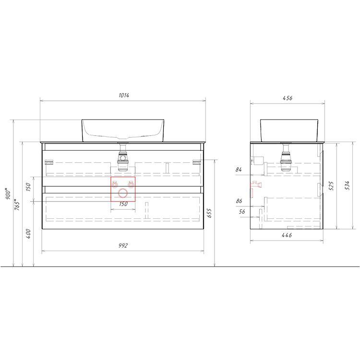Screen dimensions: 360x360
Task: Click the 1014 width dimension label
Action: click(124, 96)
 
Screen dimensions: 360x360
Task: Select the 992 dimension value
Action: click(123, 246)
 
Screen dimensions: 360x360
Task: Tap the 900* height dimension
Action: click(8, 193)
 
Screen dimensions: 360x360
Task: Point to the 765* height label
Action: click(17, 204)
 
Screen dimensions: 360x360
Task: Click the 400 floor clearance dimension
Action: click(28, 234)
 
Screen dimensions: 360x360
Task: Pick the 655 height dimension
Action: click(209, 213)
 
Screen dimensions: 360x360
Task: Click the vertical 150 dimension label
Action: click(28, 187)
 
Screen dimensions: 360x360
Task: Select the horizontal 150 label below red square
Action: click(123, 204)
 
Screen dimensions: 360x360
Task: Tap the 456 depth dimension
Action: click(288, 98)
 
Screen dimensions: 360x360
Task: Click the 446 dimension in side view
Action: click(287, 235)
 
